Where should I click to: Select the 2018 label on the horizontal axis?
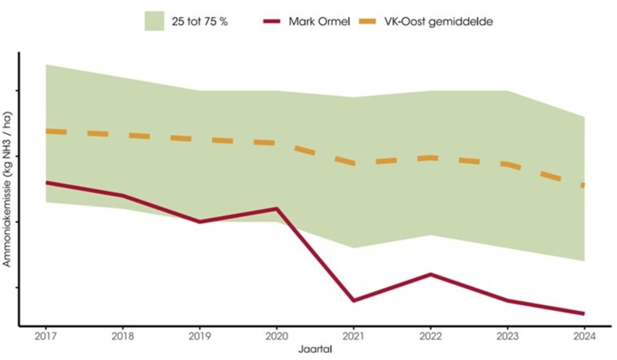pos(123,335)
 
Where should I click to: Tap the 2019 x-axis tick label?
pos(200,335)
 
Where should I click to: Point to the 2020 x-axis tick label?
pos(277,335)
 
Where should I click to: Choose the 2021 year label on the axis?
pos(354,335)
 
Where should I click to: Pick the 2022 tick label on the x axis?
pos(430,335)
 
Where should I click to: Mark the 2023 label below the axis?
pos(507,335)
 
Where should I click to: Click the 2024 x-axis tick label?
pos(584,335)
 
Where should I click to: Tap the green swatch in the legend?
pos(154,21)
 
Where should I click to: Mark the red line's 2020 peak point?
pos(277,209)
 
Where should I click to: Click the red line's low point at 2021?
pos(354,300)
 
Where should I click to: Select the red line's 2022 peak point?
pos(430,274)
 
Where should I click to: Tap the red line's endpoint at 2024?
pos(584,313)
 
